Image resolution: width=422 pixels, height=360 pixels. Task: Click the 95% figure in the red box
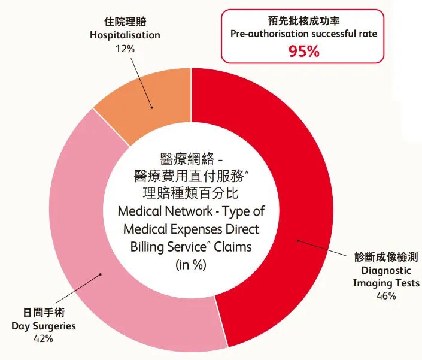[x=304, y=51]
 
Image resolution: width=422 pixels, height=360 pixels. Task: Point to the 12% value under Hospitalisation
[x=125, y=49]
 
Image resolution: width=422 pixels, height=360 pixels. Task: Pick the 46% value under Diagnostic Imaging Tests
[x=386, y=296]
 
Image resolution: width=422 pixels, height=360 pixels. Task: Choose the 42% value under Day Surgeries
[x=44, y=339]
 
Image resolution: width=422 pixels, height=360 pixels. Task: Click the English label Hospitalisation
[x=125, y=35]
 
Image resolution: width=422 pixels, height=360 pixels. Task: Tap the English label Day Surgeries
[x=44, y=326]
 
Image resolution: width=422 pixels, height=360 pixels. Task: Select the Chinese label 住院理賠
[x=125, y=22]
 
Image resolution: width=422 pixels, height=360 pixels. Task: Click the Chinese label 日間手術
[x=44, y=313]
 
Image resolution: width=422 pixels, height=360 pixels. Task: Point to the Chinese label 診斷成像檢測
[x=386, y=257]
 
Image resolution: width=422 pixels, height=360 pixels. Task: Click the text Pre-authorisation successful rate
[x=304, y=34]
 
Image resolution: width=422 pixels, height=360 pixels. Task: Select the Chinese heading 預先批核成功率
[x=304, y=20]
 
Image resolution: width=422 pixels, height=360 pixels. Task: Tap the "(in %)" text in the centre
[x=190, y=265]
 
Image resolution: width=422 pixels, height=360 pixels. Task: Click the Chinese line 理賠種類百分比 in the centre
[x=190, y=193]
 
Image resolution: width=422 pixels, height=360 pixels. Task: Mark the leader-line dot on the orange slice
[x=151, y=108]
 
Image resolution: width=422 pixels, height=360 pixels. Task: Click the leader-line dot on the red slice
[x=297, y=241]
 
